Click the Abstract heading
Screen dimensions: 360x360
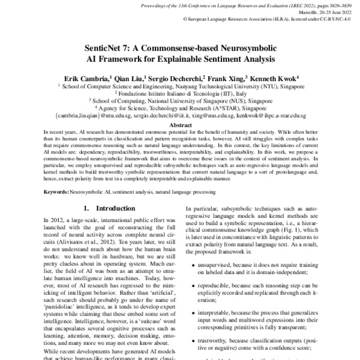(179, 125)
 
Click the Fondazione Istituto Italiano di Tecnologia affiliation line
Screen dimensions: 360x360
(179, 93)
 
